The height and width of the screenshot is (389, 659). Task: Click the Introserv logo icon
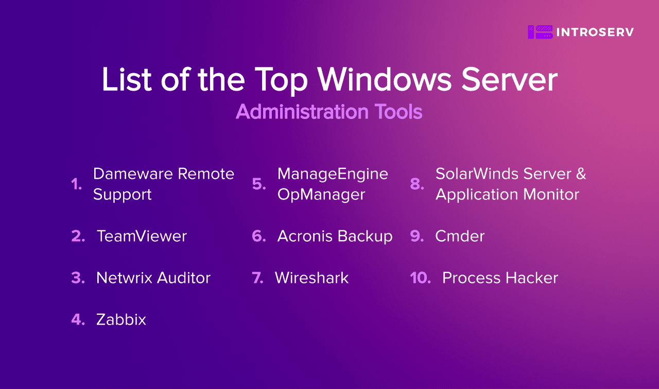[x=539, y=32]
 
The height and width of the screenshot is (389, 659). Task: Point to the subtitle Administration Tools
[x=329, y=112]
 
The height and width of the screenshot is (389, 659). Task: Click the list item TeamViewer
[x=142, y=236]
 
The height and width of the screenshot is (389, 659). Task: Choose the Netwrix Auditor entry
[x=153, y=278]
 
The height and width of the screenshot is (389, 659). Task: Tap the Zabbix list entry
[x=121, y=320]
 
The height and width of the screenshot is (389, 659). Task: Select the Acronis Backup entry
[x=335, y=236]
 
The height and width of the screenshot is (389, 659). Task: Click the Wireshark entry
[x=311, y=278]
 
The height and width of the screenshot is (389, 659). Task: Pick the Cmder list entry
[x=460, y=236]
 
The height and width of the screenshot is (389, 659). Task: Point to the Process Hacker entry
[x=500, y=278]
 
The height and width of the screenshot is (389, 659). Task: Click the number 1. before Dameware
[x=77, y=184]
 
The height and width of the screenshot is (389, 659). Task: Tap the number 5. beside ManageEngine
[x=259, y=184]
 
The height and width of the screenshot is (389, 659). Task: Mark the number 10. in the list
[x=420, y=278]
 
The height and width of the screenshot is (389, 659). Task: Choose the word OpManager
[x=321, y=195]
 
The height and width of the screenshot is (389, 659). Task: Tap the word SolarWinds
[x=471, y=174]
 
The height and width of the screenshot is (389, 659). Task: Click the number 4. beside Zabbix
[x=78, y=320]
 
